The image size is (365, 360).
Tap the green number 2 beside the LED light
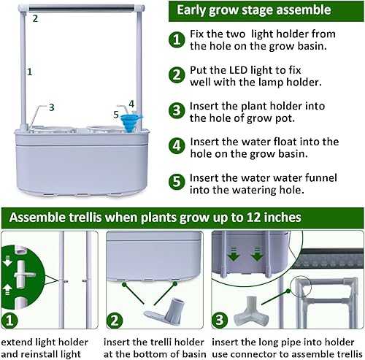tap(34, 18)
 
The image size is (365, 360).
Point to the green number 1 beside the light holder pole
tap(29, 72)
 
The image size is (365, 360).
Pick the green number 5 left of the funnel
tap(116, 114)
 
